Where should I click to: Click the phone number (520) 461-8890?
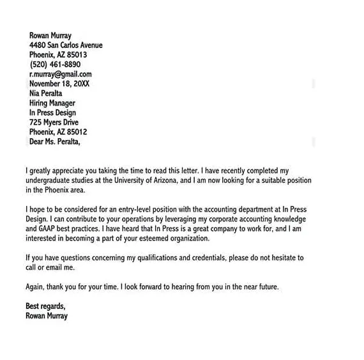(x=55, y=65)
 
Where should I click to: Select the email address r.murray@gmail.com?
(x=60, y=74)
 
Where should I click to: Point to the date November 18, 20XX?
(x=59, y=84)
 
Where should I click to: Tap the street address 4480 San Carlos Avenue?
(x=66, y=45)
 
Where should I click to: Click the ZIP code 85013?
(x=76, y=55)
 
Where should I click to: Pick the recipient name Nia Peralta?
(x=46, y=93)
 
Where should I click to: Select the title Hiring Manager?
(x=52, y=103)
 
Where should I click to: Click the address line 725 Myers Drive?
(x=54, y=122)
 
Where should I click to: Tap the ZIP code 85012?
(x=76, y=132)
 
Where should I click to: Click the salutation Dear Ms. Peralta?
(x=55, y=141)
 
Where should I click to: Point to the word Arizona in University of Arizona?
(x=159, y=181)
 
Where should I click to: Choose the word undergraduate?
(x=49, y=181)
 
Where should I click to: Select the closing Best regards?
(x=45, y=306)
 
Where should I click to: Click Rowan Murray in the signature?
(x=47, y=316)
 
